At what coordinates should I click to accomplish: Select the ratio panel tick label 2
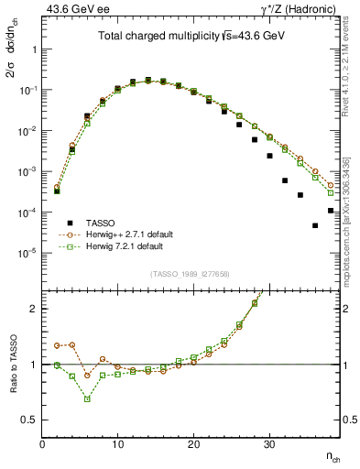[34, 309]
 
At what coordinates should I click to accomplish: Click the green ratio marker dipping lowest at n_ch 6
[87, 399]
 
